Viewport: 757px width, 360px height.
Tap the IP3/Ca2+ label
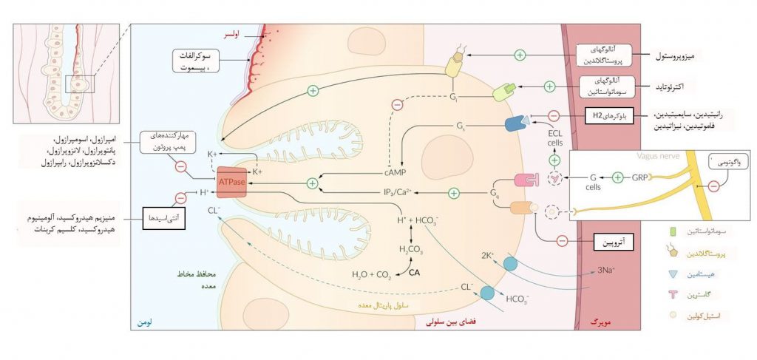click(398, 193)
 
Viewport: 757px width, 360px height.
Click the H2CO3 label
click(410, 250)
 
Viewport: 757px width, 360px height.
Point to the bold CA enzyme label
click(414, 274)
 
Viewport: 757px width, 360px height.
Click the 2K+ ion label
click(488, 255)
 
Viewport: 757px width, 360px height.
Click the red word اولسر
click(233, 34)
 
